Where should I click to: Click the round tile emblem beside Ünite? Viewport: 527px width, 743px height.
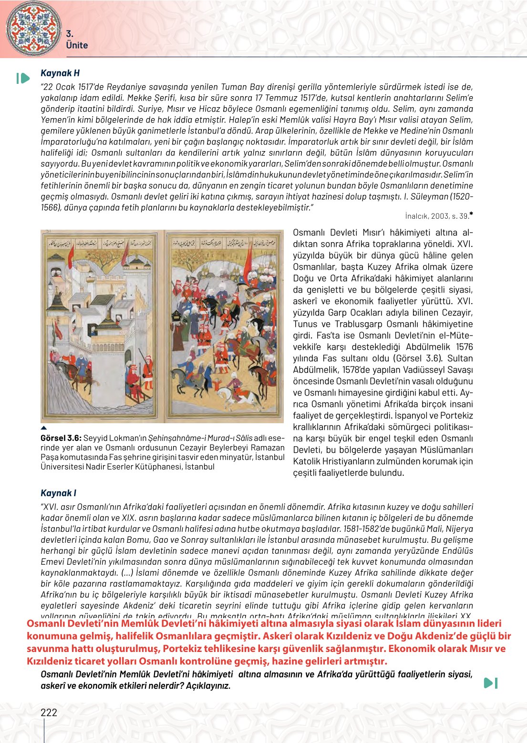[34, 28]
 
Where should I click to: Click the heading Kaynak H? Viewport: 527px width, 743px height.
[60, 73]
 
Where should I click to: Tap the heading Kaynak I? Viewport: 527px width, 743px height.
[58, 493]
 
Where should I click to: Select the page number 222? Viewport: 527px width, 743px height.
[49, 712]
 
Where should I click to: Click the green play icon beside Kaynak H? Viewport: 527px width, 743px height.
[23, 78]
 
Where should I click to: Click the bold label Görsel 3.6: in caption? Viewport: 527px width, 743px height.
[61, 438]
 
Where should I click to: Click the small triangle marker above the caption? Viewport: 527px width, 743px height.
[43, 428]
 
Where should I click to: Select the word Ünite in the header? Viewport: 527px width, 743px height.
[77, 45]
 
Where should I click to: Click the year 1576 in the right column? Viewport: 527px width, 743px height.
[464, 347]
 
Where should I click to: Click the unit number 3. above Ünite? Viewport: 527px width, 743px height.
[69, 33]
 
